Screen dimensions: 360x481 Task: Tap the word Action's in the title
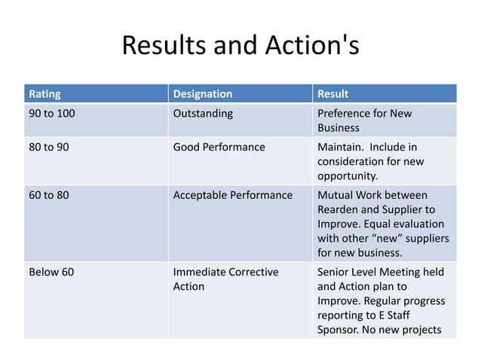click(x=308, y=47)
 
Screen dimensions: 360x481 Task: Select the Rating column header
click(x=44, y=95)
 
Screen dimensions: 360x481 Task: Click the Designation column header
click(x=203, y=95)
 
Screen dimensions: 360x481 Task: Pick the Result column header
click(x=332, y=95)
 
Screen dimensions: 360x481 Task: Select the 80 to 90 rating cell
click(x=48, y=147)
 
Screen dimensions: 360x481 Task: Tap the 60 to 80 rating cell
click(x=48, y=195)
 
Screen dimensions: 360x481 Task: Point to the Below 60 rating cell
click(x=51, y=272)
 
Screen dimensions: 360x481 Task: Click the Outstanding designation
click(x=203, y=114)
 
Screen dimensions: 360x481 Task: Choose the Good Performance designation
click(x=219, y=147)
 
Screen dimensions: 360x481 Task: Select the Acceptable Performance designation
click(x=233, y=195)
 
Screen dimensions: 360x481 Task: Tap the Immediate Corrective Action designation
click(x=226, y=279)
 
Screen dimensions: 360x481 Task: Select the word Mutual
click(x=337, y=195)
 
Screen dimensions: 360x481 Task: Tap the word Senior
click(x=335, y=272)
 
